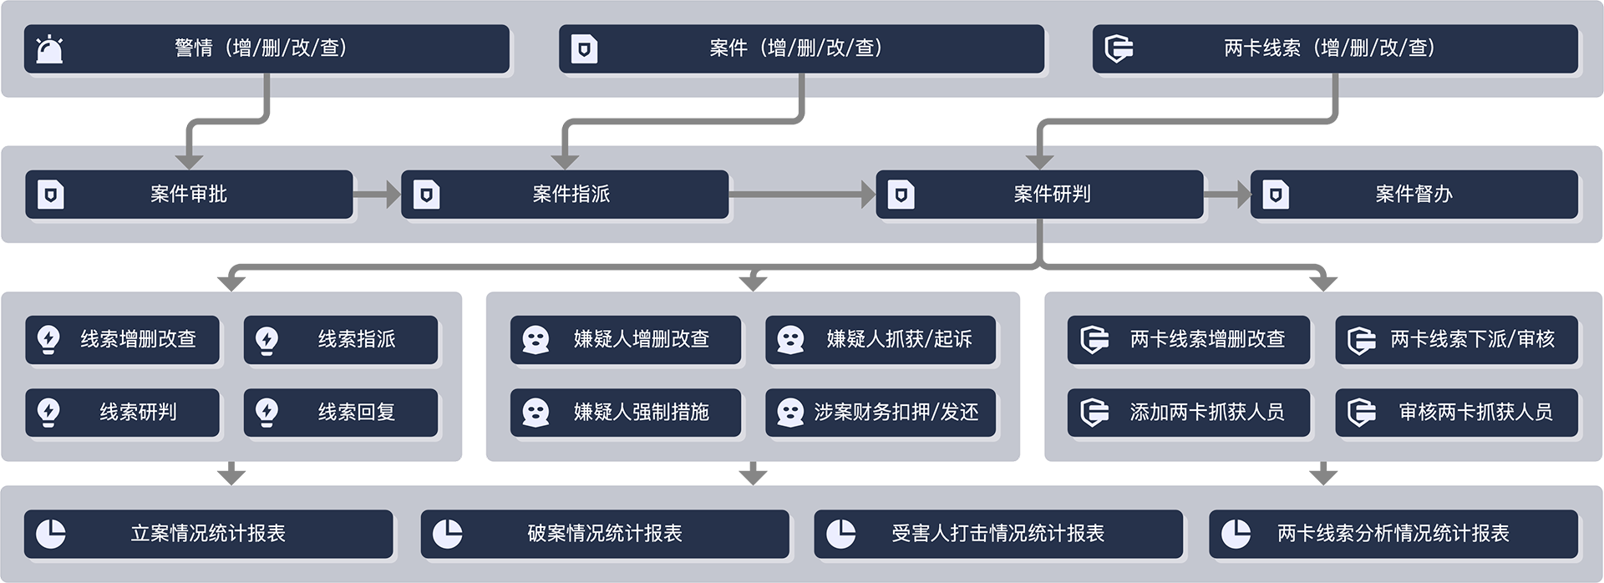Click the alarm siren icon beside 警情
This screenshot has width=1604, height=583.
click(x=50, y=49)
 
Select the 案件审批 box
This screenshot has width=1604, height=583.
click(x=189, y=195)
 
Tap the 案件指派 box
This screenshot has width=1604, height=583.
click(x=565, y=195)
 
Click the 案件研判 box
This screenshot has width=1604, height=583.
click(x=1039, y=195)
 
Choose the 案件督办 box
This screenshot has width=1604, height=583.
click(x=1414, y=195)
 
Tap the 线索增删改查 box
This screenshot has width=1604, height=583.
click(x=123, y=339)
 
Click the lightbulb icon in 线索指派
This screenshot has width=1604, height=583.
click(x=266, y=340)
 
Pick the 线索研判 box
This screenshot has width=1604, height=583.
click(x=123, y=412)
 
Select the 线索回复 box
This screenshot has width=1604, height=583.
click(x=341, y=412)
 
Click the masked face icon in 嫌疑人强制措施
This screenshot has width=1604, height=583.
click(x=536, y=413)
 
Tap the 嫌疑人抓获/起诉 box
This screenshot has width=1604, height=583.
click(x=881, y=339)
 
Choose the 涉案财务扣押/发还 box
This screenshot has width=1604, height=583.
click(x=881, y=412)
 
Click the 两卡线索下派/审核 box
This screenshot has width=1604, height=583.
click(x=1456, y=339)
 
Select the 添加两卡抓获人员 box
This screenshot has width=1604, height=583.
click(x=1188, y=412)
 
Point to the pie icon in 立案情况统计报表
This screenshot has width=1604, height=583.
click(x=51, y=534)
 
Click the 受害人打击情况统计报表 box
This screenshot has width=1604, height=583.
click(x=998, y=534)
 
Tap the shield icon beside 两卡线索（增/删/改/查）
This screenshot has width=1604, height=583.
click(x=1119, y=49)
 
